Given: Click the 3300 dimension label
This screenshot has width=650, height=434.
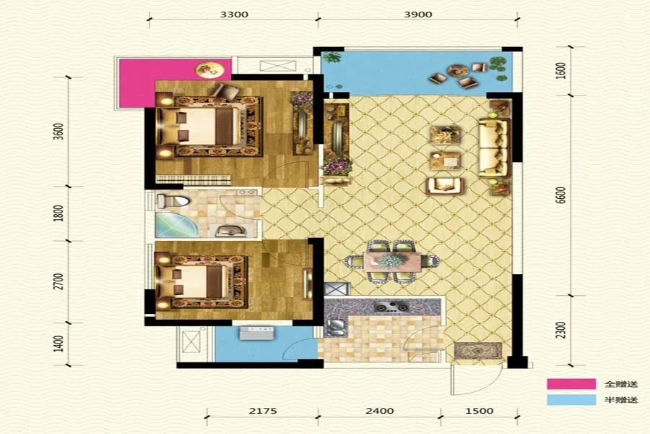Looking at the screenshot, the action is pos(234,14).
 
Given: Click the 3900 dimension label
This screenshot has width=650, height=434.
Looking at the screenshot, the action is pos(418,14).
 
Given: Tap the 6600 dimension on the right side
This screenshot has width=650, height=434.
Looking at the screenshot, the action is pos(561,195).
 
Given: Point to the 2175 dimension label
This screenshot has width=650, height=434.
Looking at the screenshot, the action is pos(263,411).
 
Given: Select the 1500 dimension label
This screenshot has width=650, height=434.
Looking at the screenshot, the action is pos(480,411).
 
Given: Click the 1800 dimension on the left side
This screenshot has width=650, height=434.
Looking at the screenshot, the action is pos(59,213).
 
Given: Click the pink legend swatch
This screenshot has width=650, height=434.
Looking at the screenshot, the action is pos(571,384).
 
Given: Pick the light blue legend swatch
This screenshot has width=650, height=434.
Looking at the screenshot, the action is pos(571,400).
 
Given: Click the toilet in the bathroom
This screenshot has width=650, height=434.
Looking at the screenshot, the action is pos(173,201).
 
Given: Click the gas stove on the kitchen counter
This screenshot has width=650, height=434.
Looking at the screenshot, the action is pos(391,307).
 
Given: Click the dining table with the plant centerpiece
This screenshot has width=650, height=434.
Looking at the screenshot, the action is pos(391,262).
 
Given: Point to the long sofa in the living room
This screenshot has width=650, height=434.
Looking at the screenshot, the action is pos(494,148).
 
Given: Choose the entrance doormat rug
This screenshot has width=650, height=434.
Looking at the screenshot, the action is pos(478,351).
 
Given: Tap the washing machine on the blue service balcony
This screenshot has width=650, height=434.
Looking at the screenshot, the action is pos(257,333).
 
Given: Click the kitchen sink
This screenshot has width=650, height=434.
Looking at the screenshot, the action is pos(336,326).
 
